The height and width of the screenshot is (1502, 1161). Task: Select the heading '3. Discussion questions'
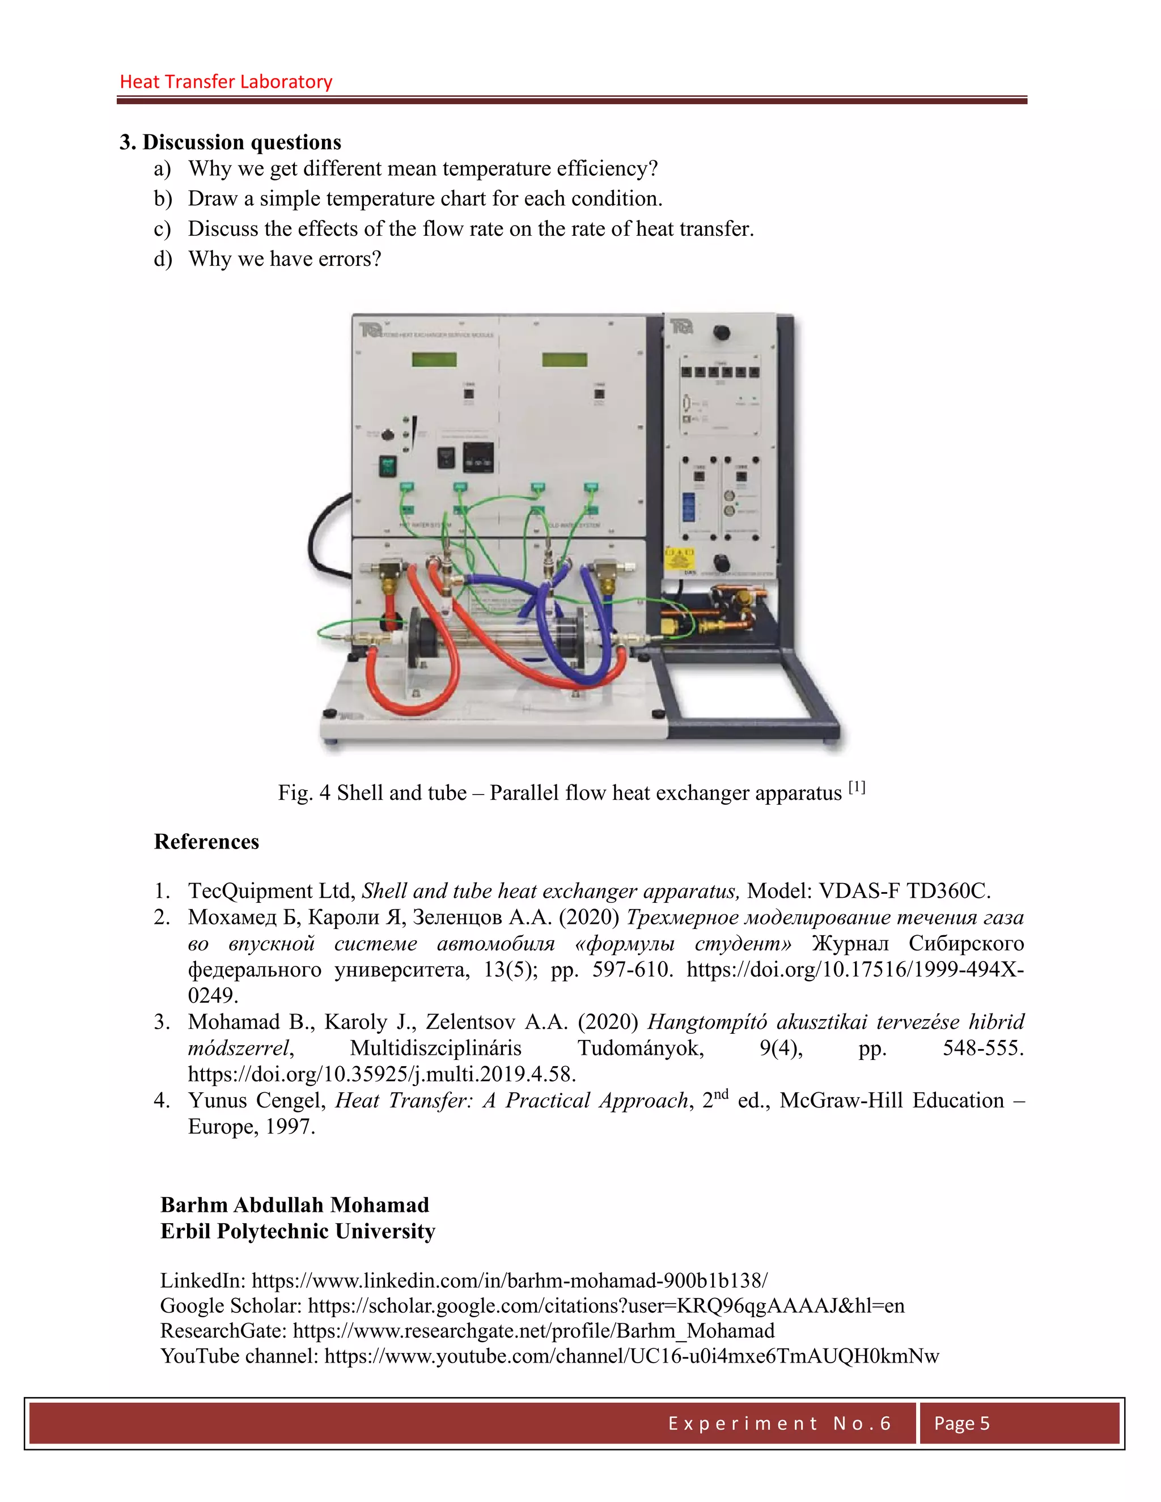point(230,142)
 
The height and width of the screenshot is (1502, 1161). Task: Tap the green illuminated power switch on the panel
point(388,465)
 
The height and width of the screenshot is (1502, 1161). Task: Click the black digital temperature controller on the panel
point(478,456)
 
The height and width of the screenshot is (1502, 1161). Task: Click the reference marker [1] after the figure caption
point(857,787)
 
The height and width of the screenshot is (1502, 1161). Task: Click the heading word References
point(206,842)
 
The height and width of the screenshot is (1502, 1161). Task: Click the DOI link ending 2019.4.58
point(382,1074)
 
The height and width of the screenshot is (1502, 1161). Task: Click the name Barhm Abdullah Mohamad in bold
point(294,1205)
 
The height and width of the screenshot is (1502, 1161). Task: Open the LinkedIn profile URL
point(509,1280)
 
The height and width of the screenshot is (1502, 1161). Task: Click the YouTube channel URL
point(632,1356)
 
